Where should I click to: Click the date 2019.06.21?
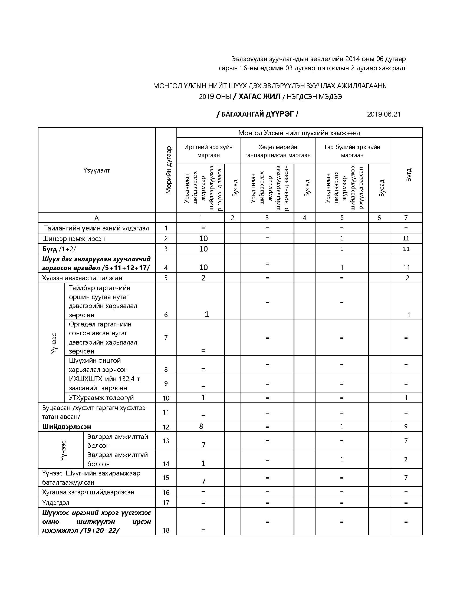pos(383,114)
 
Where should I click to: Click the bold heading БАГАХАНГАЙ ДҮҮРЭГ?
pos(257,114)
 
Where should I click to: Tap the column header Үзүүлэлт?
pos(97,170)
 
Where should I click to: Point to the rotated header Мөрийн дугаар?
pos(168,170)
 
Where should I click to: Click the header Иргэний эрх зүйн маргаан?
pos(208,151)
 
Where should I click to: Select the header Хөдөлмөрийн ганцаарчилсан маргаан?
pos(278,151)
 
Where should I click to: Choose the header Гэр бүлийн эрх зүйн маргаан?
pos(352,151)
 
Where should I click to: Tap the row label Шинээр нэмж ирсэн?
pos(73,239)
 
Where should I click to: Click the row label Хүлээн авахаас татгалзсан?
pos(82,278)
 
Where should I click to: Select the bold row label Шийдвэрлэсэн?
pos(67,427)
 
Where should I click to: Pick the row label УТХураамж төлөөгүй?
pos(101,398)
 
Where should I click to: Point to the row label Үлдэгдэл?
pos(55,503)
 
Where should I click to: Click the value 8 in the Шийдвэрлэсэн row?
pos(201,426)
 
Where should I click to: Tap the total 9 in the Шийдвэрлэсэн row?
pos(406,426)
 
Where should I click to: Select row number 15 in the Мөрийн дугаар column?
pos(166,478)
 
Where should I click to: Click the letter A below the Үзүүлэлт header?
pos(97,218)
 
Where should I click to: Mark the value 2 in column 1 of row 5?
pos(203,278)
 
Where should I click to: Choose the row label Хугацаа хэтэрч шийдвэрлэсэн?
pos(88,492)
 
